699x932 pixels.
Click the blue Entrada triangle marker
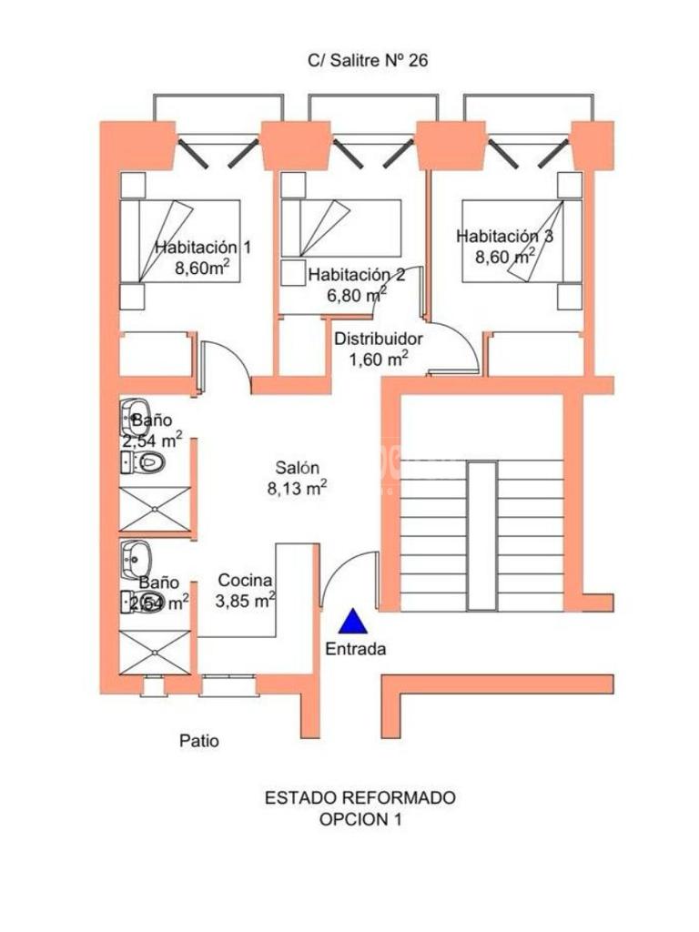(353, 621)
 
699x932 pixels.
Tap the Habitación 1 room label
(203, 247)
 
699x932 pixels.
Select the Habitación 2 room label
(357, 275)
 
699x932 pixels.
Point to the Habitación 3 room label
(504, 236)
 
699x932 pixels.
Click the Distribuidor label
(379, 339)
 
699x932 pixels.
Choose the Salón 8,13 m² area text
(298, 478)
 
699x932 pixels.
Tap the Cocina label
(245, 580)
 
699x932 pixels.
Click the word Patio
(199, 741)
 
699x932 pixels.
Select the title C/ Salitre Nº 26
(368, 60)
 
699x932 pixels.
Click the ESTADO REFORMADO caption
(360, 797)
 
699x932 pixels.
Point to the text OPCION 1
(360, 819)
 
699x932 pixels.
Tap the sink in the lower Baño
(136, 560)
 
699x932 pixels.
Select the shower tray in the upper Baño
(155, 509)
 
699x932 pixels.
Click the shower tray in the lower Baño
(155, 653)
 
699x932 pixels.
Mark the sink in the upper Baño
(136, 418)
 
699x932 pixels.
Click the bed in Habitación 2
(341, 228)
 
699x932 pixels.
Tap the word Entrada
(356, 649)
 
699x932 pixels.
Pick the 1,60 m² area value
(378, 359)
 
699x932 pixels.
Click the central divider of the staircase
(481, 535)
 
